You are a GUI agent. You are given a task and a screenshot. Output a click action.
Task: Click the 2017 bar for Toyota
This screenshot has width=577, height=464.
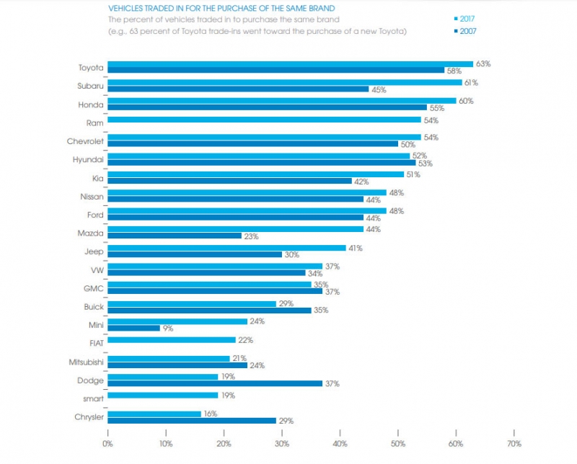[290, 63]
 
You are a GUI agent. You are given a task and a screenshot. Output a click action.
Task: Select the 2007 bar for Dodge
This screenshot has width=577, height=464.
[215, 383]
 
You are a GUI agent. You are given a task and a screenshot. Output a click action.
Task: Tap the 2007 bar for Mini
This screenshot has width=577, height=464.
[133, 328]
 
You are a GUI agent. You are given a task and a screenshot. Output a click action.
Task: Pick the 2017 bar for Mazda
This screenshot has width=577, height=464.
[235, 229]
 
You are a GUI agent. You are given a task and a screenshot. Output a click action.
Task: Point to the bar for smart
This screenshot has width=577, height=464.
[163, 395]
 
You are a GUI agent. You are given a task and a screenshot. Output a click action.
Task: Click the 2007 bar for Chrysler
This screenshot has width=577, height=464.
[192, 420]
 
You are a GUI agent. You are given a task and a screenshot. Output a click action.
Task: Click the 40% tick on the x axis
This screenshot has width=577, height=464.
[340, 442]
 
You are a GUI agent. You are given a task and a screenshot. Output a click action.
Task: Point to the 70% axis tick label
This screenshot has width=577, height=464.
[514, 442]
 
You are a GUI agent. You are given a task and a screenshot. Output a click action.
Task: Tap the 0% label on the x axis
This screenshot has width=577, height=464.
[108, 442]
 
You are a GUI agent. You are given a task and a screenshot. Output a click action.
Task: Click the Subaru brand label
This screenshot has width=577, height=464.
[90, 86]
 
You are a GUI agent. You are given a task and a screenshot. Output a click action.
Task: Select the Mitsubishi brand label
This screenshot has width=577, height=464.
[85, 362]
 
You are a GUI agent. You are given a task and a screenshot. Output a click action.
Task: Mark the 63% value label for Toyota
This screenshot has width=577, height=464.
[483, 63]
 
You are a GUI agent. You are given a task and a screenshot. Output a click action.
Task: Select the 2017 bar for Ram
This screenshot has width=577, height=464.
[264, 119]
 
